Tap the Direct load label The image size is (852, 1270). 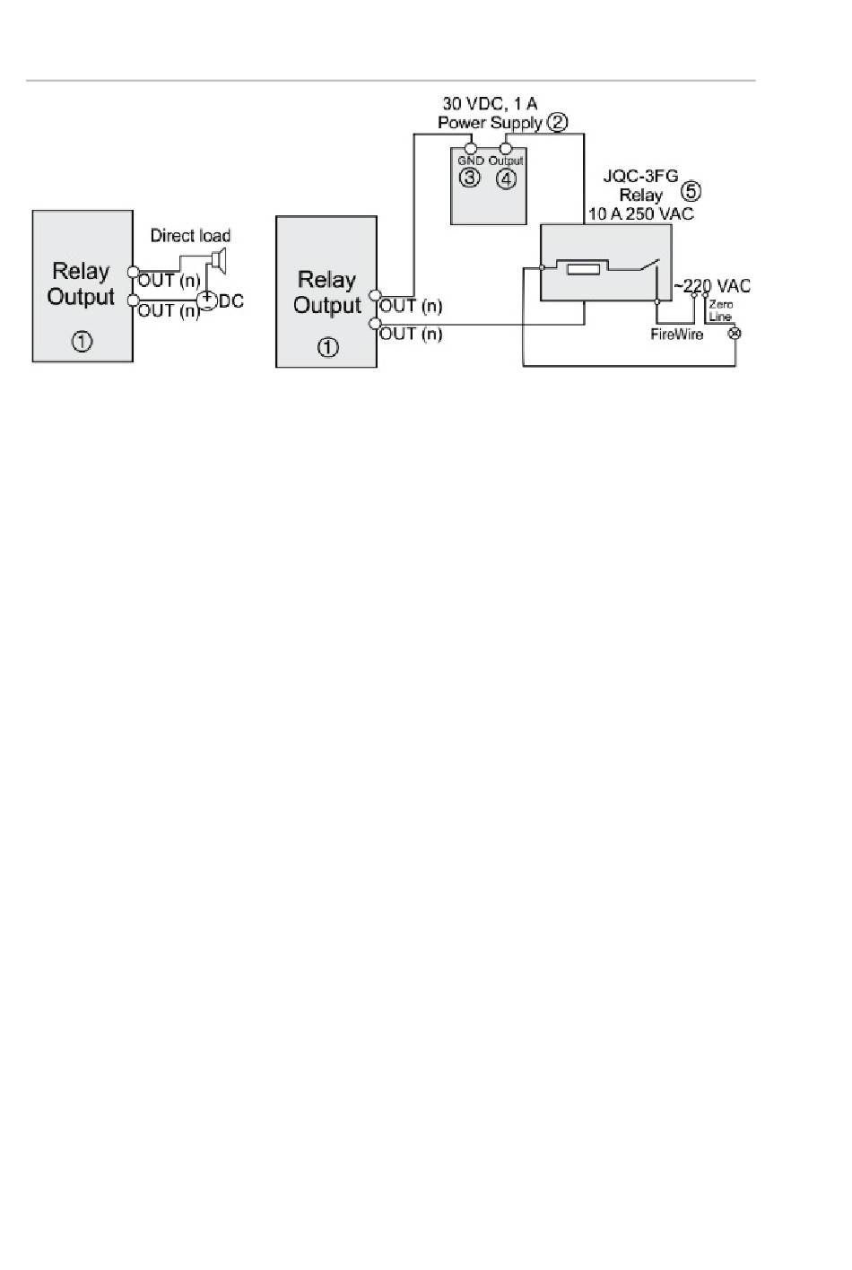point(190,235)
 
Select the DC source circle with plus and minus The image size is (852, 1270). point(207,300)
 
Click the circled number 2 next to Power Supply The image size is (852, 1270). point(557,122)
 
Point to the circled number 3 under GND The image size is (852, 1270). point(469,178)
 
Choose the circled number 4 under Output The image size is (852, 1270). point(506,178)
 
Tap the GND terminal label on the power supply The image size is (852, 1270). point(471,161)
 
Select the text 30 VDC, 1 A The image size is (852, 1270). point(490,104)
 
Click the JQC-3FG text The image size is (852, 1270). point(640,176)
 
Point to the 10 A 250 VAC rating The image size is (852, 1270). point(641,213)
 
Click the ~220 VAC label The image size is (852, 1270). point(712,286)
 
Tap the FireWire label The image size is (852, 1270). point(677,335)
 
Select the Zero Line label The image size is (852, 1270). point(720,310)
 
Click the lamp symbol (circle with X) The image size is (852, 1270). point(735,334)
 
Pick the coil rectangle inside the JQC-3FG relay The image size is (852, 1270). point(583,269)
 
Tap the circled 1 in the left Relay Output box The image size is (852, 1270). point(82,342)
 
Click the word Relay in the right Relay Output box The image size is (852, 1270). point(327,280)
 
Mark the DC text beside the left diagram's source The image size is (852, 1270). point(231,301)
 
